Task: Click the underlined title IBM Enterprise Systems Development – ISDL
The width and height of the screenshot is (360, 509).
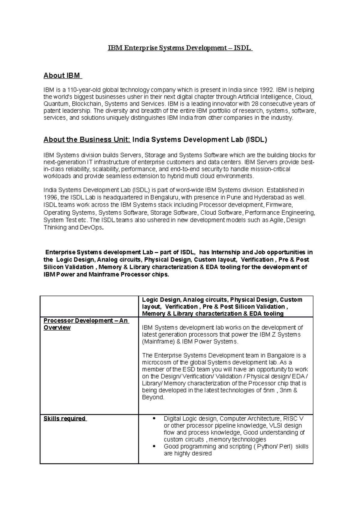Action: pos(180,48)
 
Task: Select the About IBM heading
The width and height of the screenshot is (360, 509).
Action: pos(62,76)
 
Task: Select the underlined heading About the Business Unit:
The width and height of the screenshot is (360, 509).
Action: pos(87,139)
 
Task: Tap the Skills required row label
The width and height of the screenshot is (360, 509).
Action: pos(64,418)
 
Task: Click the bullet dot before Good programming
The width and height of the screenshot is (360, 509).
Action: pos(154,446)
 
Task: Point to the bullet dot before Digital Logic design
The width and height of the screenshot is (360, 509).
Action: pos(154,418)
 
